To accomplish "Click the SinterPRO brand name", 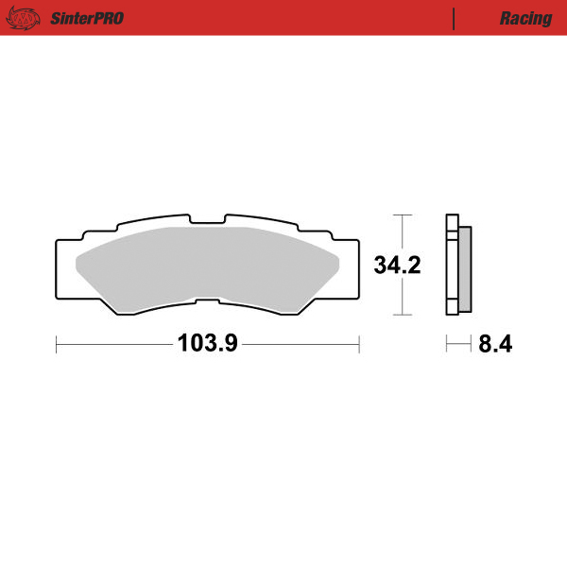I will click(x=83, y=18).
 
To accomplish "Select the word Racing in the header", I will click(x=526, y=18).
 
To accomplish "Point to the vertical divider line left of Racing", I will click(x=455, y=18).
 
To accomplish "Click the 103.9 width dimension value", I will click(x=207, y=345).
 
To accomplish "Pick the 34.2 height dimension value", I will click(x=397, y=266).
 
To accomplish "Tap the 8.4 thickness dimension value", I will click(x=495, y=345).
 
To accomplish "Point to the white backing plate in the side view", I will click(x=452, y=266).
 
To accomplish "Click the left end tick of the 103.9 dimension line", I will click(x=57, y=345).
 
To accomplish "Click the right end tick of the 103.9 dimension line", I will click(x=359, y=345).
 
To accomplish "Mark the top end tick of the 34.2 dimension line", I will click(x=404, y=216).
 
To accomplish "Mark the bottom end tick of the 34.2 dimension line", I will click(x=404, y=315).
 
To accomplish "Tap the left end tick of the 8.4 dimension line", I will click(x=447, y=345).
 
